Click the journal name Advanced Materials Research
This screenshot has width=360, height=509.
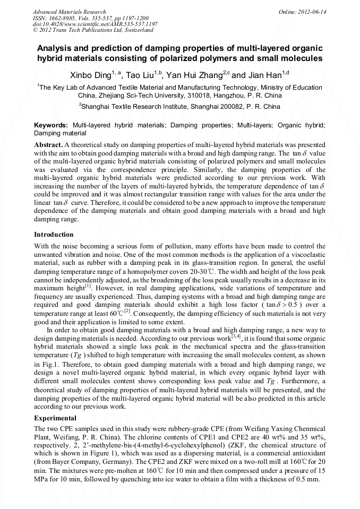[69, 12]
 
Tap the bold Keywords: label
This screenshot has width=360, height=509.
[50, 125]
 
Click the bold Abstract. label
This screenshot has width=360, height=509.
[48, 145]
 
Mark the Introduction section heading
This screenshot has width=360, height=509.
[54, 235]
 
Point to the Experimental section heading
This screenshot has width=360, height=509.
[55, 418]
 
